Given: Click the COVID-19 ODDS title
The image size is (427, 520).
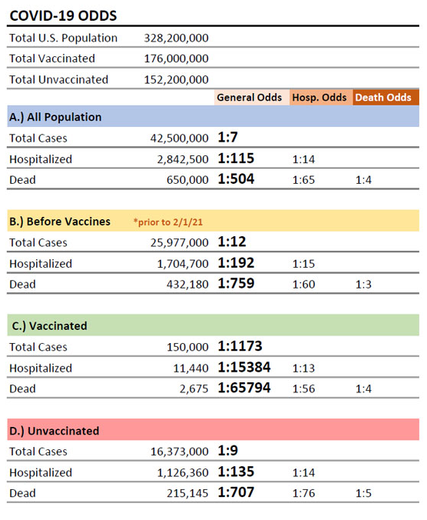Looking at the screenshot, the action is pos(63,16).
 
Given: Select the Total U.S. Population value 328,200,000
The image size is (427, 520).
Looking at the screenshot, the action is pos(176,38).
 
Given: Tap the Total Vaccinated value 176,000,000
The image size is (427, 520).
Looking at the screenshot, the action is pos(176,58).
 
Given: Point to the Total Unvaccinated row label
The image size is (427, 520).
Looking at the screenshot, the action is pos(58,79).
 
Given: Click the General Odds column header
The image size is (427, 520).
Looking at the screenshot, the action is pos(250,97).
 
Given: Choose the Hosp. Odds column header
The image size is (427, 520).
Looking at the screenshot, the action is pos(319,98).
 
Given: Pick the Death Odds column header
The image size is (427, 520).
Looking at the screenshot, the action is pos(383,97).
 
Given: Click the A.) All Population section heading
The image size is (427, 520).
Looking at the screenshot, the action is pos(55,117).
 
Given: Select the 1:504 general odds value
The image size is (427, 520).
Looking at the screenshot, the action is pos(236,179).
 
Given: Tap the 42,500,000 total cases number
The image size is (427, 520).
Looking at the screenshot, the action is pos(180,138).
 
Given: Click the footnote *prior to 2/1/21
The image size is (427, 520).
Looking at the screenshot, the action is pos(168,222).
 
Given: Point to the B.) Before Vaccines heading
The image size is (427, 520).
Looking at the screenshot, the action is pos(60,222).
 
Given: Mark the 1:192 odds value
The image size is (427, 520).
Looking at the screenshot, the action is pos(236,263).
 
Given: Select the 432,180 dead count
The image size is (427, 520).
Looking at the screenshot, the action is pos(187,284).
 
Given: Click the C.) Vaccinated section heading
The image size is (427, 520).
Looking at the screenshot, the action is pos(50,326).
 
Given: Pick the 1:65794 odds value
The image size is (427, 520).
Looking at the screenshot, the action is pos(244,388).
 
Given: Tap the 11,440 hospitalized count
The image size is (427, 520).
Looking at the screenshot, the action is pos(191,368).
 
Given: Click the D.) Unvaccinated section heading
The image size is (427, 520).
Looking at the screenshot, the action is pos(55,431).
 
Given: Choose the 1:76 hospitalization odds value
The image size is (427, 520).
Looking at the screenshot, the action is pos(303,494).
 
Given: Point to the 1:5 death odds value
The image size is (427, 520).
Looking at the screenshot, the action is pos(363,494).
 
